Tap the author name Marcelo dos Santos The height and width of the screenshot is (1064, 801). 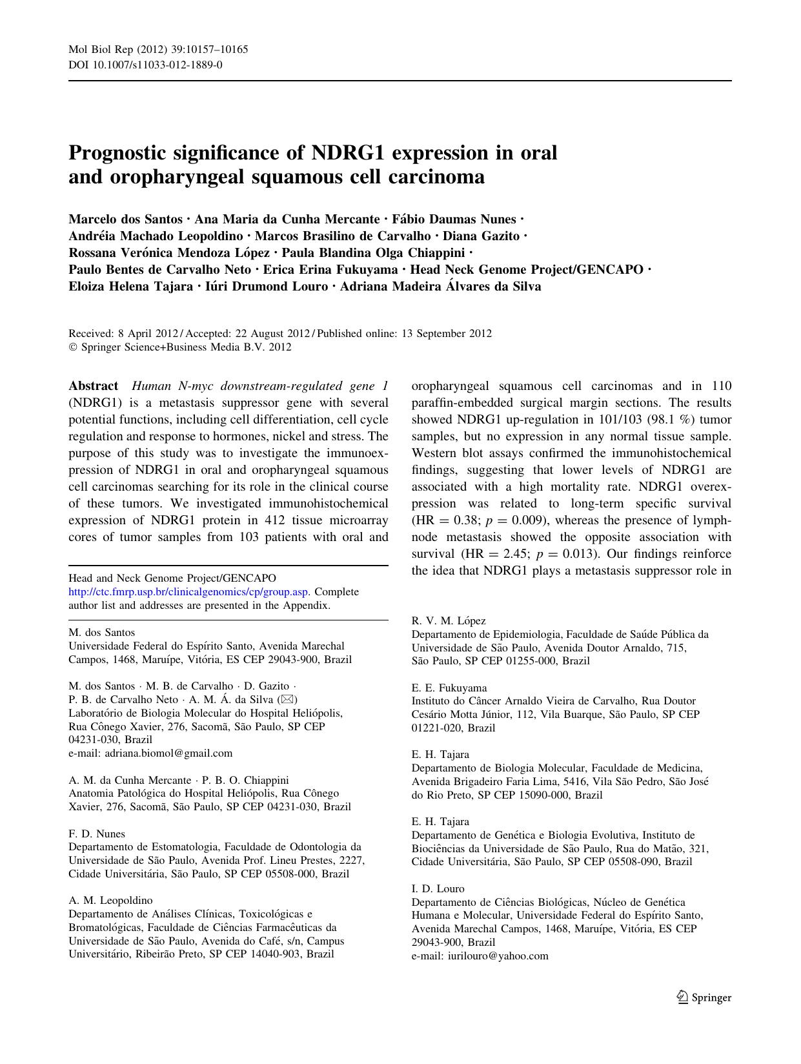point(125,220)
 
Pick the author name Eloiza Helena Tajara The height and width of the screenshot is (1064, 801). point(130,287)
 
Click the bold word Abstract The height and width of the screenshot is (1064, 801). point(93,386)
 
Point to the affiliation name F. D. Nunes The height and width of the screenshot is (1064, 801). point(97,834)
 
